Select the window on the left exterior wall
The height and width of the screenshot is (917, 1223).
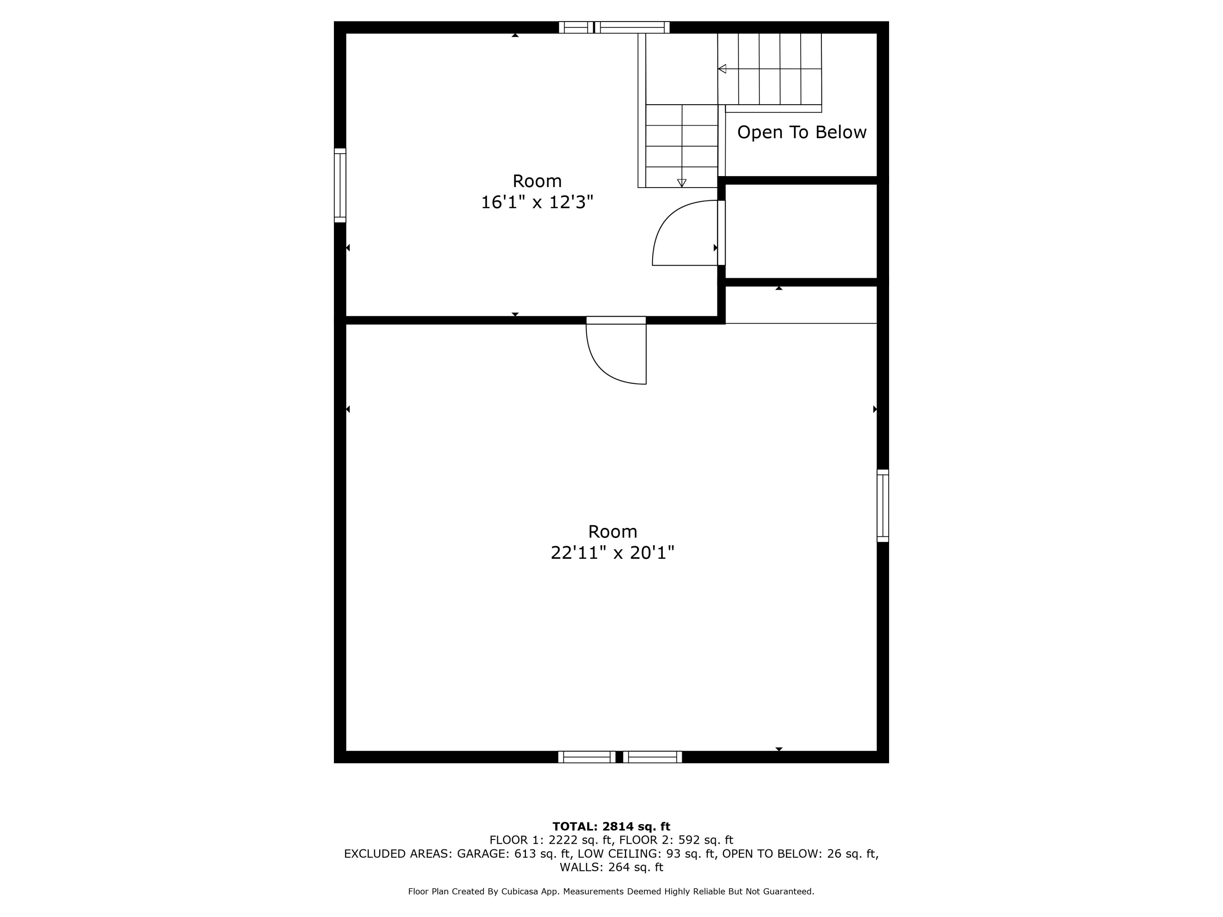340,185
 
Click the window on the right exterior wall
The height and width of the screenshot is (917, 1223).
883,505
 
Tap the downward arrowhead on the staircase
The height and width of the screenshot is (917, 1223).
682,183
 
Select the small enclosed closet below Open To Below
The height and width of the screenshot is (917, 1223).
801,231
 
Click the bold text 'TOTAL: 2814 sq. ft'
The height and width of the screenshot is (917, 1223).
611,827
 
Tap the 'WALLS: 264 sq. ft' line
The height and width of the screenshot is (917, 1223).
611,867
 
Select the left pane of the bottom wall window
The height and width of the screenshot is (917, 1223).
587,757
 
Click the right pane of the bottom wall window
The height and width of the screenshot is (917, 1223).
652,757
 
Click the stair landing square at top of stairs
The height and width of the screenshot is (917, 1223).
681,68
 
